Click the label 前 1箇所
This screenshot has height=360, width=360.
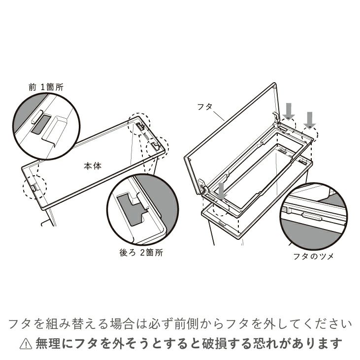coord(46,87)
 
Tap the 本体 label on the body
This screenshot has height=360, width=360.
coord(92,166)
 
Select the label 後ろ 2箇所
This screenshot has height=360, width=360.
coord(141,253)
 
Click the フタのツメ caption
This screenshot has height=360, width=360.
coord(313,257)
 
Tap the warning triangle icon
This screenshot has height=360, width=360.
coord(25,343)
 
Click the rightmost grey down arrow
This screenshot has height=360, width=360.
coord(310,120)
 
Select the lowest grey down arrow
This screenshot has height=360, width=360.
coord(221,191)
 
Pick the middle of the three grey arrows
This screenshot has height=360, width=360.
coord(289,110)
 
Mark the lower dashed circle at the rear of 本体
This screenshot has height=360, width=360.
coord(157,146)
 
